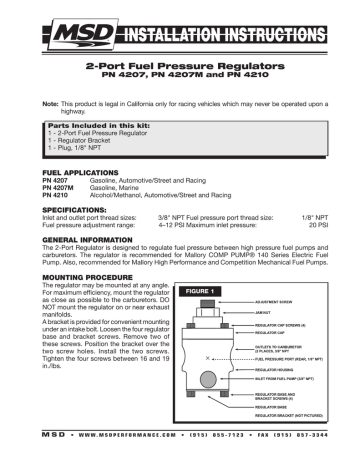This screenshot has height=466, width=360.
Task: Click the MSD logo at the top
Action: point(54,21)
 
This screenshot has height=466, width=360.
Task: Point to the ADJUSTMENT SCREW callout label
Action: point(280,300)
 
